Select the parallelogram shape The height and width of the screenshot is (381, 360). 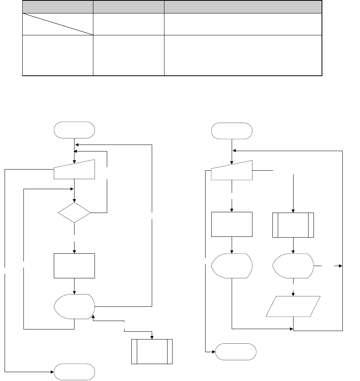tap(293, 306)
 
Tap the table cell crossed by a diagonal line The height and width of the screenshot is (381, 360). tap(58, 23)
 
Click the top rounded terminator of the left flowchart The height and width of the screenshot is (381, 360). tap(75, 130)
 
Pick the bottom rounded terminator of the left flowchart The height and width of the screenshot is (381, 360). tap(75, 372)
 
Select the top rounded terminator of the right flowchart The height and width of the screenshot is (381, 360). tap(232, 131)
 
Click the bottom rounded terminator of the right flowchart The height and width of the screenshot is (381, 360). tap(236, 352)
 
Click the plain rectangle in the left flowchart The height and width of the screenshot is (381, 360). tap(75, 266)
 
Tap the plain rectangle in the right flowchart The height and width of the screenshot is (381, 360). tap(232, 224)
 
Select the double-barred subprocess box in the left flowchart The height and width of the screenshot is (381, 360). tap(152, 351)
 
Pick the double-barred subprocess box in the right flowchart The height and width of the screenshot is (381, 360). tap(293, 225)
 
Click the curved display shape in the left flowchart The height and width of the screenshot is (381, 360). tap(75, 306)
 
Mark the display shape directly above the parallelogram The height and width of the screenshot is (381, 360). tap(293, 266)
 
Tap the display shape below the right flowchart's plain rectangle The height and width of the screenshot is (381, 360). tap(232, 266)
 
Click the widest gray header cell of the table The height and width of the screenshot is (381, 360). tap(242, 7)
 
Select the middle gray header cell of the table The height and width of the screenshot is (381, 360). tap(128, 7)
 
